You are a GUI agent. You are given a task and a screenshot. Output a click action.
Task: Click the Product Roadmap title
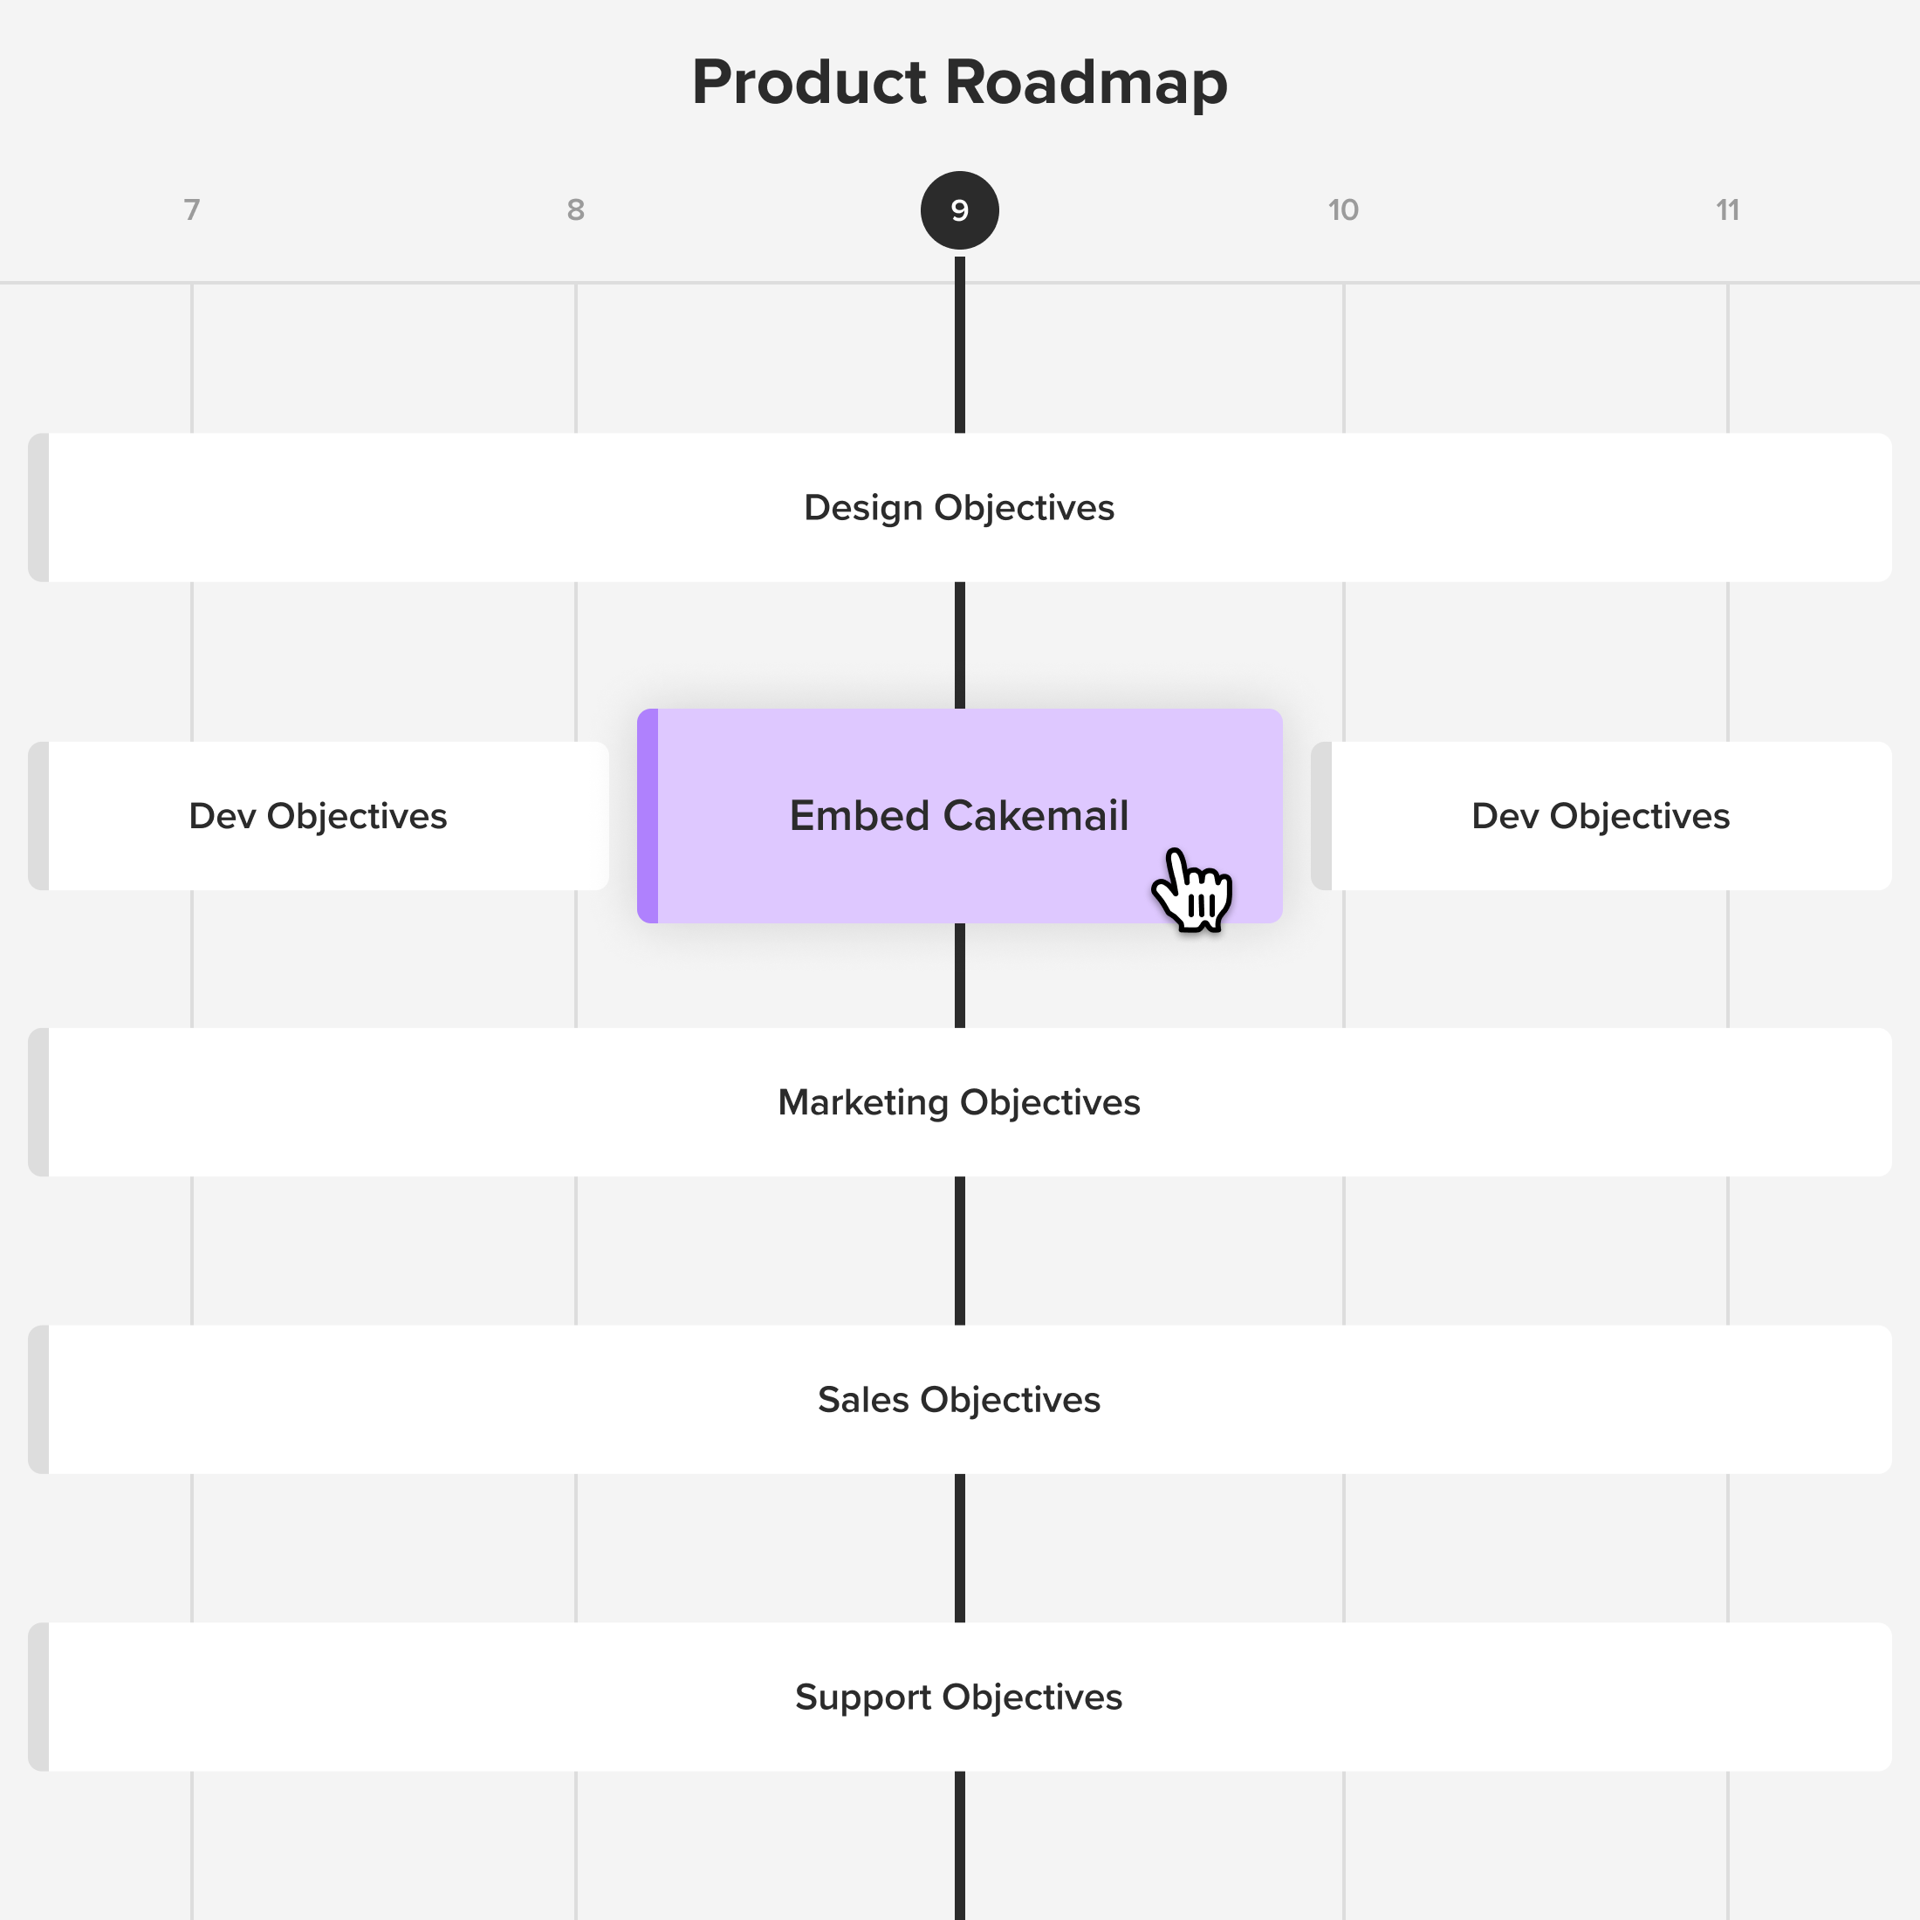coord(960,83)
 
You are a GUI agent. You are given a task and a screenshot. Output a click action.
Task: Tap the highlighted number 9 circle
coord(960,210)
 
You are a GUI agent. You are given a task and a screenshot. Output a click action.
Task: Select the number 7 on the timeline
coord(192,209)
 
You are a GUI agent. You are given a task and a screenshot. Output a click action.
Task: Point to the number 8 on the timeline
coord(575,209)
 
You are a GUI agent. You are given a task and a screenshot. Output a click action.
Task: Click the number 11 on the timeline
coord(1727,209)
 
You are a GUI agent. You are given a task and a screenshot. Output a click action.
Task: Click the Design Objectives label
coord(959,508)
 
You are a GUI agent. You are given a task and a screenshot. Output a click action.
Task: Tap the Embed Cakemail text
coord(959,816)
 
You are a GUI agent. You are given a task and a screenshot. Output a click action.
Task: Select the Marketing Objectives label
coord(959,1103)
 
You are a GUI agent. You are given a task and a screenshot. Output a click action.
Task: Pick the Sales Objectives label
coord(959,1400)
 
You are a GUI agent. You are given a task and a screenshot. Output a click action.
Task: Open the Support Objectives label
coord(959,1697)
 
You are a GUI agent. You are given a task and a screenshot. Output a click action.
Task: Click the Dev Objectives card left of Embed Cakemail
coord(318,816)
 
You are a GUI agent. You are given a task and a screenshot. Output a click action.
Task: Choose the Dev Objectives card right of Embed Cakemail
coord(1601,816)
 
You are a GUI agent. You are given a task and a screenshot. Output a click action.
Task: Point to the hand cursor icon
coord(1192,890)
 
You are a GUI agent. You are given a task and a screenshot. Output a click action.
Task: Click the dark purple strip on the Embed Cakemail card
coord(647,816)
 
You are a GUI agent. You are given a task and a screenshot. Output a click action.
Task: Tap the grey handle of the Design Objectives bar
coord(38,508)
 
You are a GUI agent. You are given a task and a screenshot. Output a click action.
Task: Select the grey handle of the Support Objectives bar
coord(38,1697)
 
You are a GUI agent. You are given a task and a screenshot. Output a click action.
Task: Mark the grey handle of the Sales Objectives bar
coord(38,1400)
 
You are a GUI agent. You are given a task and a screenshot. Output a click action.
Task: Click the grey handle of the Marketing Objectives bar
coord(38,1103)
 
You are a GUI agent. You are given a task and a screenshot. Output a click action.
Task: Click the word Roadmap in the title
coord(1087,83)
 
